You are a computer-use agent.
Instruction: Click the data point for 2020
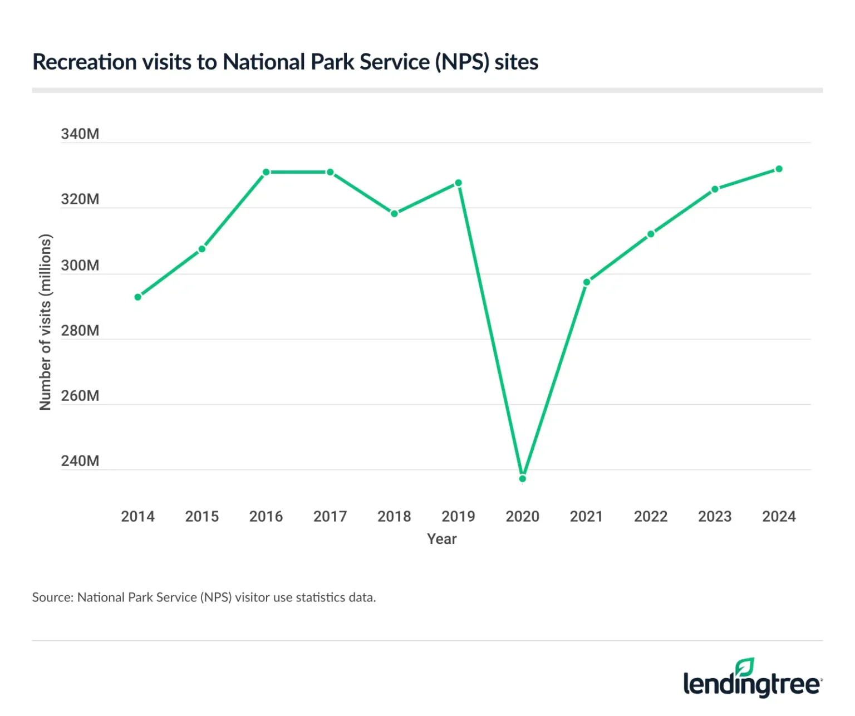point(522,478)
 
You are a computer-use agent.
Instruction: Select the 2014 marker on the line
point(138,297)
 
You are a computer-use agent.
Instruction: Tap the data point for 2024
point(779,169)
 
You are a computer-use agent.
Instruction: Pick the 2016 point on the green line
point(266,172)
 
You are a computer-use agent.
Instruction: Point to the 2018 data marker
point(394,213)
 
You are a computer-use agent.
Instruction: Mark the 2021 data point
point(587,282)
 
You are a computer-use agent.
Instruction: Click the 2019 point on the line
point(458,183)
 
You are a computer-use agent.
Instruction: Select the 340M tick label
point(80,134)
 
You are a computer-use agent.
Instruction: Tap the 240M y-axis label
point(80,461)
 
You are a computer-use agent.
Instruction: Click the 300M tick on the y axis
point(80,266)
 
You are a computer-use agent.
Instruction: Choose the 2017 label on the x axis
point(330,517)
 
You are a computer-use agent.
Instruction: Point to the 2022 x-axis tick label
point(651,517)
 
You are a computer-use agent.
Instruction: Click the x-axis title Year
point(442,539)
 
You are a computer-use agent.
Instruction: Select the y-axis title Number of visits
point(46,322)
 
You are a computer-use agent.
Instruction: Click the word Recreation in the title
point(85,62)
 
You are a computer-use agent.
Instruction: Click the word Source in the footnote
point(52,597)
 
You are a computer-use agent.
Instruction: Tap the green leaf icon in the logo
point(744,666)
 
